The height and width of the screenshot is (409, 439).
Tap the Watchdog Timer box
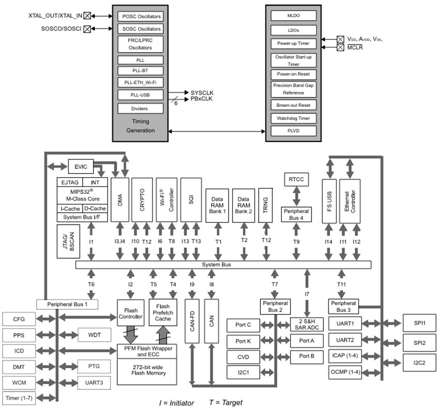tap(293, 118)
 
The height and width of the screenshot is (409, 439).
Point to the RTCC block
tap(296, 179)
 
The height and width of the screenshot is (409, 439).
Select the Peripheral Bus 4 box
tap(296, 214)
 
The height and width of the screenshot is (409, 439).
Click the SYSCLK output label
tap(202, 92)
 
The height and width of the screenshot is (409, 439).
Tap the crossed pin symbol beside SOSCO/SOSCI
tap(87, 29)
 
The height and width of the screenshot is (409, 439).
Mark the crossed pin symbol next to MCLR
tap(340, 48)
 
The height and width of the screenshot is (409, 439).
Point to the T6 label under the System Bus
tap(91, 285)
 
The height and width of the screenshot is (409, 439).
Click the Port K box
tap(243, 341)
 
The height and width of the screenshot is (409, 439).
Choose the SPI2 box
tap(419, 342)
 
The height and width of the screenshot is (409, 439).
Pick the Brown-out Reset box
tap(293, 105)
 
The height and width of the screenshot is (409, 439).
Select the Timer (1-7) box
tap(19, 398)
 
